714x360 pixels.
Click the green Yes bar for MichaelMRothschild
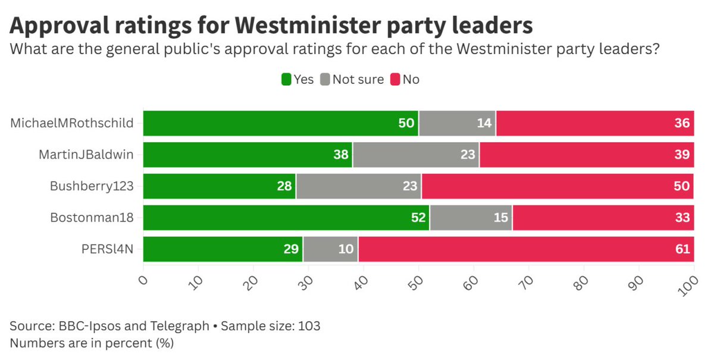(280, 123)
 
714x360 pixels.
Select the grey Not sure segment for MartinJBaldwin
(416, 155)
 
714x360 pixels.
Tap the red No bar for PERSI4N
(526, 249)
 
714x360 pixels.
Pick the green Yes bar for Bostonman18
(286, 218)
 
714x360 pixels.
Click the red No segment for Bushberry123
(558, 186)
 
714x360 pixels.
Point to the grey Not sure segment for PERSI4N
(330, 249)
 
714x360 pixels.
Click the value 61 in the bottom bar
(682, 249)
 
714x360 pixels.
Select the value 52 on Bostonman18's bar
(419, 218)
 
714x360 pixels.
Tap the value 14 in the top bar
(485, 123)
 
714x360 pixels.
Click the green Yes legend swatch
(286, 79)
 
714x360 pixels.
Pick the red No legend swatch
(394, 79)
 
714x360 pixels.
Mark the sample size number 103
(311, 326)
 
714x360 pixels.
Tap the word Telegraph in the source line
(180, 326)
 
